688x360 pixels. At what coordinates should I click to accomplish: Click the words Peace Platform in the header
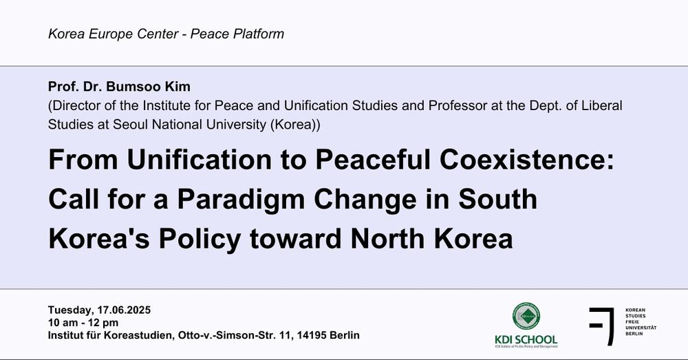point(237,34)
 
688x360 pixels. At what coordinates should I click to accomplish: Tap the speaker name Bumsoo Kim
point(149,87)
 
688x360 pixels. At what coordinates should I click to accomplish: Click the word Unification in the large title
point(200,160)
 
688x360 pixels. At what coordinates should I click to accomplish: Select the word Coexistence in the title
point(526,160)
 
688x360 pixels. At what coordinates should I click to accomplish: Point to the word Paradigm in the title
point(241,200)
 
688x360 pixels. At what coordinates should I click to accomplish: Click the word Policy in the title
point(200,240)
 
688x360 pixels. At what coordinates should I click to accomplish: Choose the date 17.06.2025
point(124,310)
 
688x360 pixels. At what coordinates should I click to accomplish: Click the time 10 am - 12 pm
point(83,323)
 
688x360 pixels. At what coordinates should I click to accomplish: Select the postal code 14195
point(312,335)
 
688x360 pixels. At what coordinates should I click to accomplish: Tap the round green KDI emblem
point(526,316)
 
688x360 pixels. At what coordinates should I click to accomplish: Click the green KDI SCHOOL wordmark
point(526,339)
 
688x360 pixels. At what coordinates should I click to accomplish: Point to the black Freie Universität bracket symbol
point(602,326)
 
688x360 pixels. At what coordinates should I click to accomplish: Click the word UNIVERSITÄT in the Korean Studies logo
point(641,328)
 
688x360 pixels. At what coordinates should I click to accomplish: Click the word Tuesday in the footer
point(70,310)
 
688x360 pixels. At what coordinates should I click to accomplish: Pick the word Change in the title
point(365,200)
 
